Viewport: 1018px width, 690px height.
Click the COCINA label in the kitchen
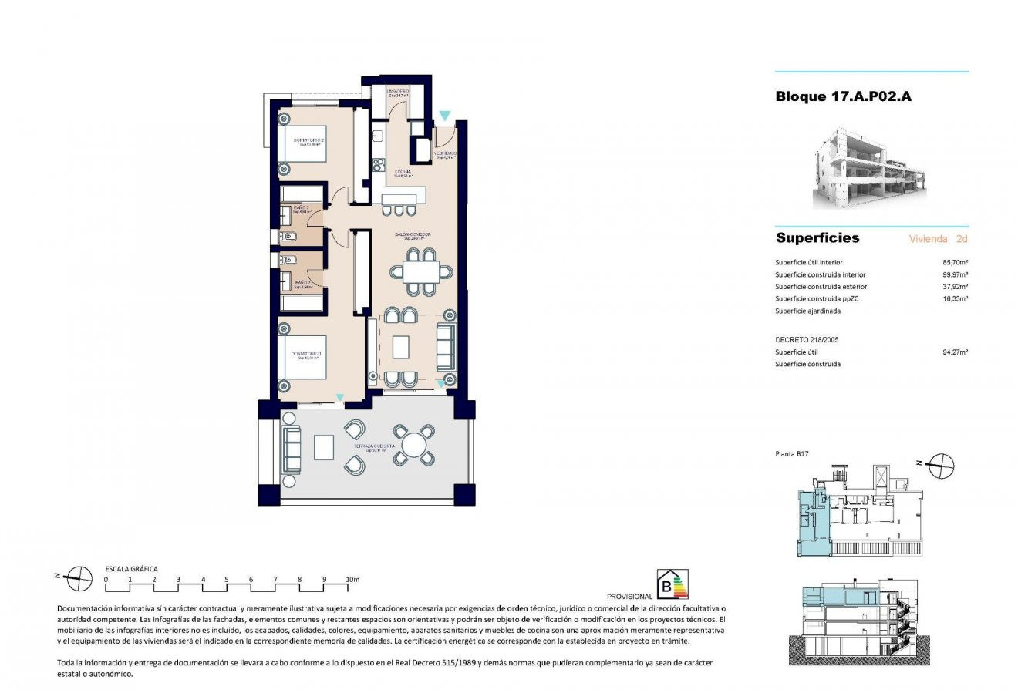click(x=402, y=173)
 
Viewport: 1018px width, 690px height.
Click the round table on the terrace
click(x=414, y=446)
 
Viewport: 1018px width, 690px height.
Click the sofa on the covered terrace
click(x=291, y=449)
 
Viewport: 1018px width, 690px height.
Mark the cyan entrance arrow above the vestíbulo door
click(x=444, y=116)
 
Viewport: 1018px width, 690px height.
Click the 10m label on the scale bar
click(x=353, y=578)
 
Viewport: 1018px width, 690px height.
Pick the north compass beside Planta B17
click(x=942, y=464)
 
